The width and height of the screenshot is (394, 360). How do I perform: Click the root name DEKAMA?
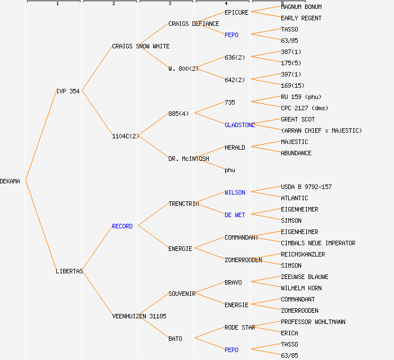10,181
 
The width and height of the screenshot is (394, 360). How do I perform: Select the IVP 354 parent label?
68,91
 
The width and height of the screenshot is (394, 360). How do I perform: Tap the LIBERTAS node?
69,271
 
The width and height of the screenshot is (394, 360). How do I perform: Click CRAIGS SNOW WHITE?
141,46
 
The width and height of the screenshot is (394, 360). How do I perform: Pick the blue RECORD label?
122,226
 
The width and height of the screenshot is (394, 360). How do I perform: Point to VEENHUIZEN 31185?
139,316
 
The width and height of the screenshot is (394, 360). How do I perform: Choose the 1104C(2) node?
125,136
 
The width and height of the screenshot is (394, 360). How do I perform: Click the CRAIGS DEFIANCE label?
194,24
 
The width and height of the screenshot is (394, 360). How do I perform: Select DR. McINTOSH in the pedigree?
189,159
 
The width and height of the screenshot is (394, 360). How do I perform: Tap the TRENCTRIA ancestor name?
183,204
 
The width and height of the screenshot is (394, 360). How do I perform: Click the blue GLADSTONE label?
240,125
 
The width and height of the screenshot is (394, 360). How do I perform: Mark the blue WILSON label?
235,192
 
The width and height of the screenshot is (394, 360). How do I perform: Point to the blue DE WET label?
235,215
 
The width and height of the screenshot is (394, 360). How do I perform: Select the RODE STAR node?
240,327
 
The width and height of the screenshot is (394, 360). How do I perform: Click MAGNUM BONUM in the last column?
301,7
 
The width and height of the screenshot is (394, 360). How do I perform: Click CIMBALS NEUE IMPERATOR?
318,243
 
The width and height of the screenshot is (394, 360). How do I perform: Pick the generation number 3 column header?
169,4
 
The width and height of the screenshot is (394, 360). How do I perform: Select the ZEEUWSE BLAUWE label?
305,277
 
